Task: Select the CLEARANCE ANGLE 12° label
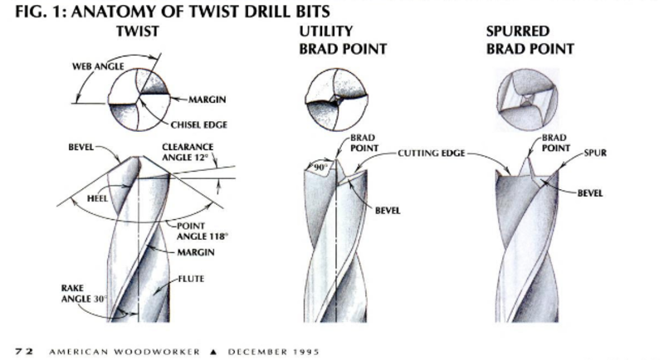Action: [x=187, y=152]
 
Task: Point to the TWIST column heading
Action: [x=139, y=31]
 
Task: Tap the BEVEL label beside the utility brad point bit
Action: [x=387, y=211]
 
